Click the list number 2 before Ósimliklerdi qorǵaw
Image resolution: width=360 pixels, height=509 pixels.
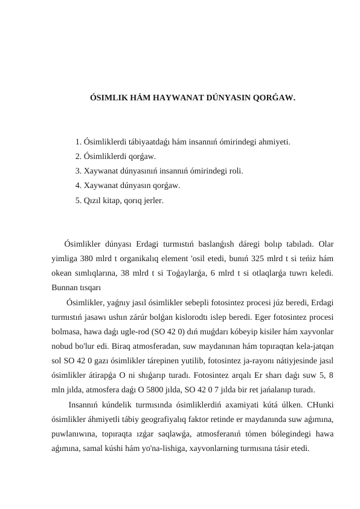pyautogui.click(x=79, y=157)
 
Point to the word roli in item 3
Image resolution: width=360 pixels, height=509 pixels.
pyautogui.click(x=235, y=171)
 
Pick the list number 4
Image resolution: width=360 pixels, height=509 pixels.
pyautogui.click(x=79, y=186)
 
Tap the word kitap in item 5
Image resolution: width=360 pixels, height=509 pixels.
pyautogui.click(x=117, y=200)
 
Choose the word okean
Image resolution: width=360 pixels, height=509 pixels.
pyautogui.click(x=63, y=271)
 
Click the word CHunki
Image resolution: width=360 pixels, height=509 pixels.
pyautogui.click(x=321, y=404)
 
